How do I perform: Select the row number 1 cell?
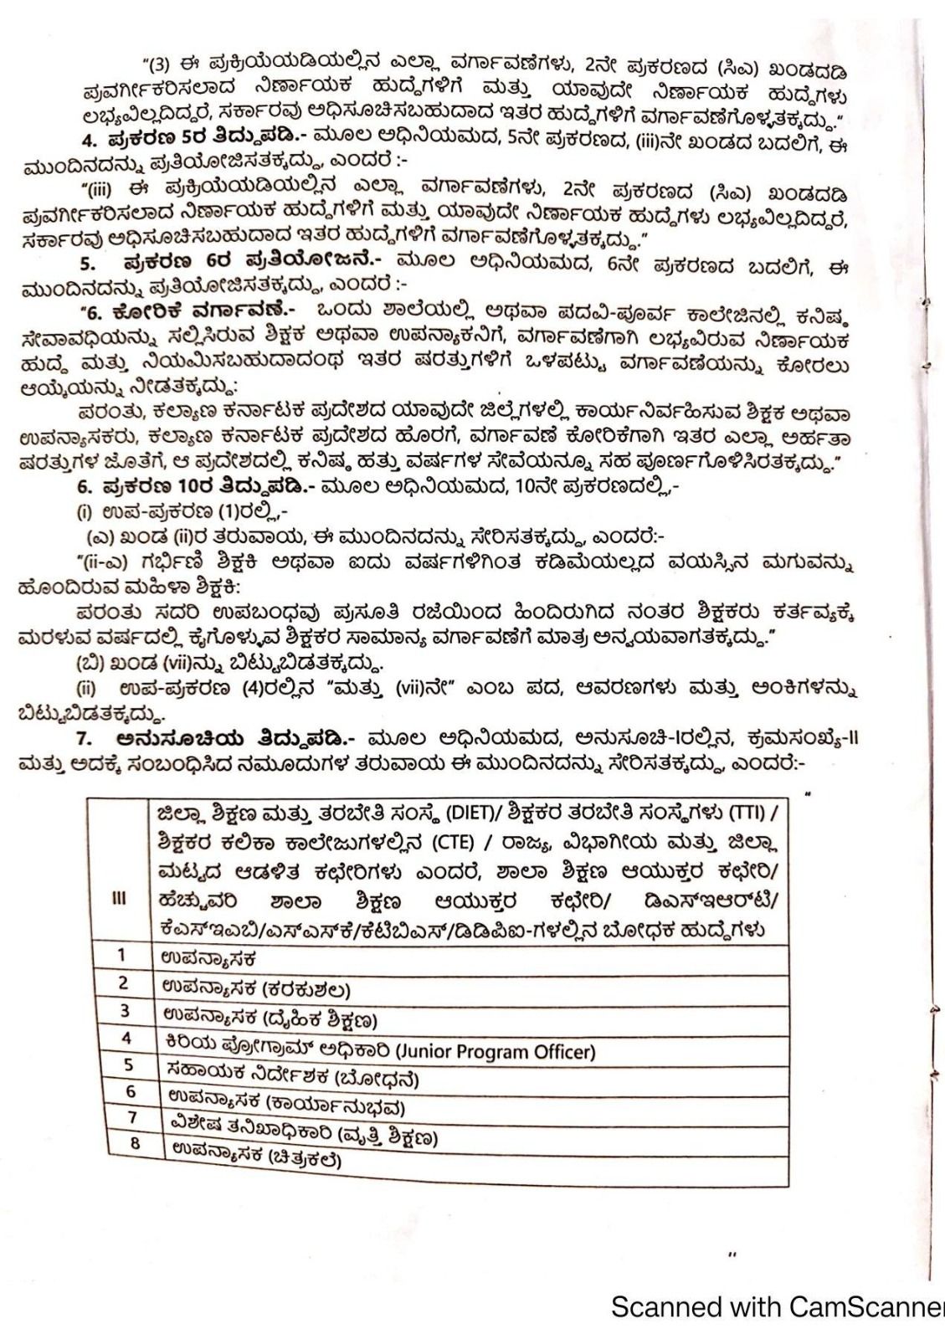click(x=121, y=955)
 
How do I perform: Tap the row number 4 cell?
click(x=127, y=1038)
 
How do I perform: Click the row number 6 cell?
click(x=131, y=1091)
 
